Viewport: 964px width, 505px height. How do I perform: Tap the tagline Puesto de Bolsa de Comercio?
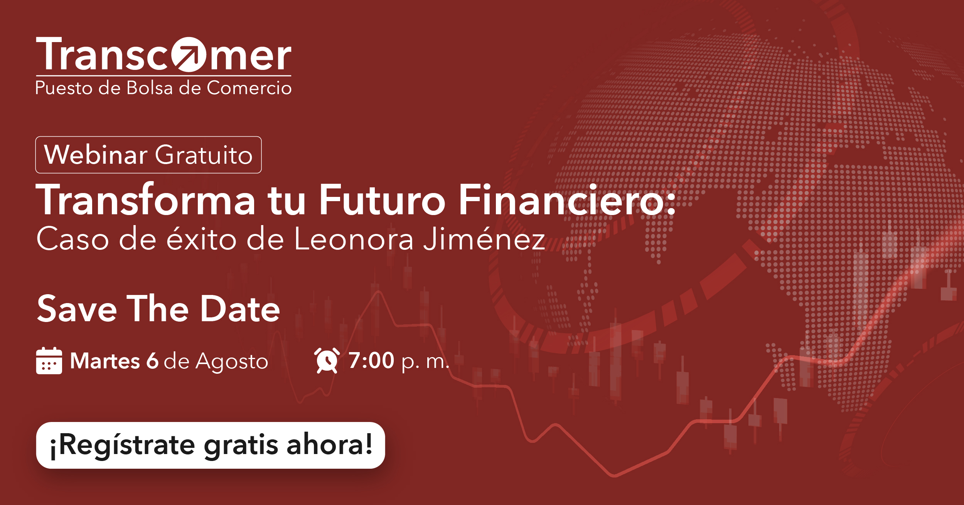[x=163, y=88]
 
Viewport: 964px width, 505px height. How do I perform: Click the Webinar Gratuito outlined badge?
[x=148, y=155]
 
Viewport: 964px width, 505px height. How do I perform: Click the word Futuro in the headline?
[x=382, y=200]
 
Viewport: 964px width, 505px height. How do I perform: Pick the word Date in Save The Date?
[x=240, y=309]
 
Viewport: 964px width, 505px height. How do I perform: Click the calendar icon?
[x=49, y=361]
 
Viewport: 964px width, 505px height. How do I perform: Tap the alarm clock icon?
[x=327, y=361]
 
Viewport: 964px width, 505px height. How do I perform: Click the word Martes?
[x=105, y=361]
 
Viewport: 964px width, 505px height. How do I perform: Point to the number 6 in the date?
[x=152, y=361]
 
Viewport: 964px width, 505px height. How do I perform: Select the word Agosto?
[x=231, y=362]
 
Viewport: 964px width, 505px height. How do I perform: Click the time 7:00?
[x=371, y=361]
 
